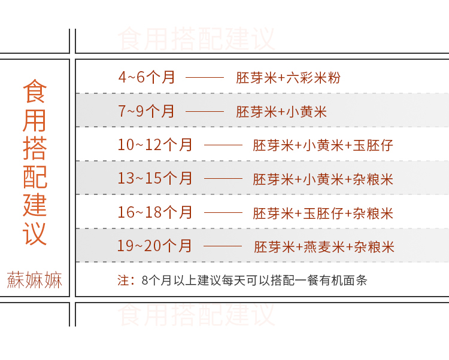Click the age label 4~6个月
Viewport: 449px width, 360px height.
[147, 77]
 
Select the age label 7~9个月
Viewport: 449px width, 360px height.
[147, 111]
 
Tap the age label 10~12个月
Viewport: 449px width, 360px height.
[155, 145]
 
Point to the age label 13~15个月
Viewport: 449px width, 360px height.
[155, 178]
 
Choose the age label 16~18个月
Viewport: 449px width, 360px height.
[155, 212]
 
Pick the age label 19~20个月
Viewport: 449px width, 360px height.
[155, 246]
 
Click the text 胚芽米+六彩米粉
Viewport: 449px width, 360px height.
[288, 78]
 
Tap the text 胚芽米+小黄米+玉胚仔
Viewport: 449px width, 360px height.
[323, 145]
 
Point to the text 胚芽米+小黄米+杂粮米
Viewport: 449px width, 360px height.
[323, 179]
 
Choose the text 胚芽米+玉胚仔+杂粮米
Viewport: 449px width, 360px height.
[323, 213]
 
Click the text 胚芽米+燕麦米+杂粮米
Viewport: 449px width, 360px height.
[324, 246]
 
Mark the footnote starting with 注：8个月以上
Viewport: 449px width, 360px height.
[242, 280]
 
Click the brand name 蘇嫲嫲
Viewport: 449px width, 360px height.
[35, 280]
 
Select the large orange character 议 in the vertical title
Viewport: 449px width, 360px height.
[35, 233]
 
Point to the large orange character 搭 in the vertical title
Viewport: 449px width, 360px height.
[35, 148]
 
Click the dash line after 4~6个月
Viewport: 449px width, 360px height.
[204, 78]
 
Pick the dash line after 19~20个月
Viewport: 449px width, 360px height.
[223, 246]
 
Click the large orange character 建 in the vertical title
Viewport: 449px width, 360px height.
[35, 205]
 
